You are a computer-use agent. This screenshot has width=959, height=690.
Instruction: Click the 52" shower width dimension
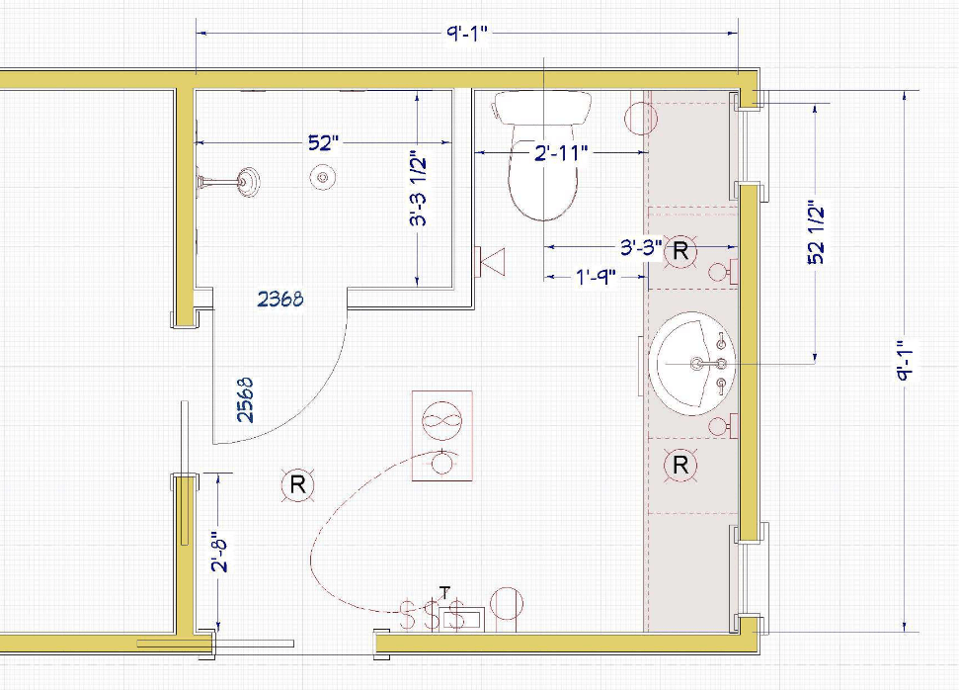323,142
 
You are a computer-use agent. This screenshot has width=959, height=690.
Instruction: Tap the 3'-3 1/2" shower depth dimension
419,188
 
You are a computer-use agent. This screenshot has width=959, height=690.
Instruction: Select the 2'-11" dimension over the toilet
561,152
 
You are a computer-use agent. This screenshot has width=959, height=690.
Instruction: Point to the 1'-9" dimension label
596,278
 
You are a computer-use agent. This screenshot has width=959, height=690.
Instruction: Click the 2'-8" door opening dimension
220,555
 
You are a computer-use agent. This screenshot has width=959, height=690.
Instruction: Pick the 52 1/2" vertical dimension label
817,232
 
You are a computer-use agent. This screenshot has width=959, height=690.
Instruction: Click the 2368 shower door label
280,300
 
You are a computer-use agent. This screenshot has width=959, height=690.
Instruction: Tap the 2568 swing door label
245,400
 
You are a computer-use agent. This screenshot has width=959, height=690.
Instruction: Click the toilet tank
543,108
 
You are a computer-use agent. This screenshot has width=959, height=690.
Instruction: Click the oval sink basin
691,364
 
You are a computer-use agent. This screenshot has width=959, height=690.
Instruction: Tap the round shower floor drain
322,178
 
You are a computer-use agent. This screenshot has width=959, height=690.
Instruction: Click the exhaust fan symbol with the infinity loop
442,422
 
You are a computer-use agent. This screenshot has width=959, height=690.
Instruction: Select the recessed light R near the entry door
298,485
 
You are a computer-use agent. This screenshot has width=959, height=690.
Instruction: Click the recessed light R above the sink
680,250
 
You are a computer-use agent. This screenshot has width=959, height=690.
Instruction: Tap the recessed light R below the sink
680,466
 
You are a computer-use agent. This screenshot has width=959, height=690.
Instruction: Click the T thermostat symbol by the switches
445,592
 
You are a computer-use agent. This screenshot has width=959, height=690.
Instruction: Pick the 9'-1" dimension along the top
466,33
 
